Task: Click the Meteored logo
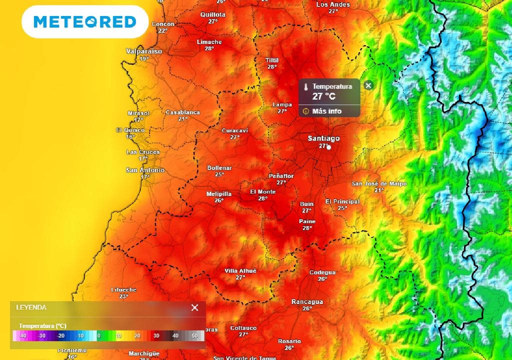coord(85,22)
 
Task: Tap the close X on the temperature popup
coord(368,85)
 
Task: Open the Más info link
coord(326,111)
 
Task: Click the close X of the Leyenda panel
coord(195,307)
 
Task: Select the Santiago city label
coord(323,138)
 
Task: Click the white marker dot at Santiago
coord(329,147)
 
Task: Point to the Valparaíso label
coord(144,51)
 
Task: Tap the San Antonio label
coord(145,170)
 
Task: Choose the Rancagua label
coord(307,302)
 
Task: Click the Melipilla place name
coord(219,194)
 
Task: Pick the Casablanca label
coord(182,112)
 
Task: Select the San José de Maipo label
coord(379,183)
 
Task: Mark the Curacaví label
coord(235,130)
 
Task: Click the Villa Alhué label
coord(240,270)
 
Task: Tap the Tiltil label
coord(272,60)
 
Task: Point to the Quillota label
coord(213,15)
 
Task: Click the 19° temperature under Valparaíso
coord(144,59)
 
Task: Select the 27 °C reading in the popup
coord(323,96)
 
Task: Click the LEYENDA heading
coord(31,307)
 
